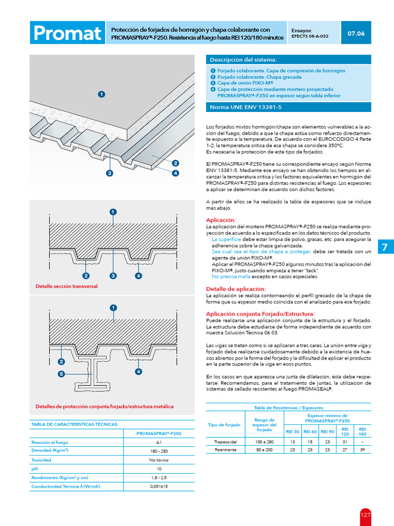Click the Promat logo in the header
(67, 33)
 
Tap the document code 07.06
(356, 33)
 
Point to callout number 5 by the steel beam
(62, 374)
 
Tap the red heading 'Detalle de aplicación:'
(236, 289)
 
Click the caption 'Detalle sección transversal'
(66, 286)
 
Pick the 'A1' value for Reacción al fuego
(159, 442)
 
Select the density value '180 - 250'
(159, 451)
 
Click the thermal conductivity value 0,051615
(159, 486)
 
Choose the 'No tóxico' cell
(159, 460)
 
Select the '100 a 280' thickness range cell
(265, 441)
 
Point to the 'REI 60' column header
(310, 431)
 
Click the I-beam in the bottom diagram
(97, 372)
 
